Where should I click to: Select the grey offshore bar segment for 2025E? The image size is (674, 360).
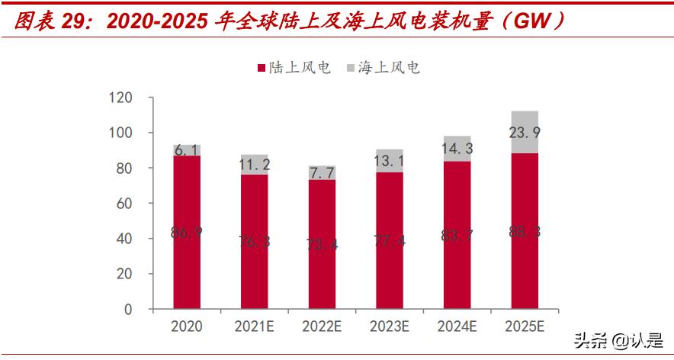(525, 132)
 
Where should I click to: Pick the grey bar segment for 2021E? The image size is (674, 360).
(254, 165)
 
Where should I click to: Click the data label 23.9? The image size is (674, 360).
(525, 133)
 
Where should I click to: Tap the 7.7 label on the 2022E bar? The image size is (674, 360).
(322, 172)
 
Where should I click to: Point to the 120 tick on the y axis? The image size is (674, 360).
(120, 98)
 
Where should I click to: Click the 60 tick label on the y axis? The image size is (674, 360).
(124, 204)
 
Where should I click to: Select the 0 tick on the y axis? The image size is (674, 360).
(128, 310)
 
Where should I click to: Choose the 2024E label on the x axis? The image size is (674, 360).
(457, 326)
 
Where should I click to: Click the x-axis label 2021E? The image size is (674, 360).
(254, 326)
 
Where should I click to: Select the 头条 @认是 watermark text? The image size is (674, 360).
(618, 340)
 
